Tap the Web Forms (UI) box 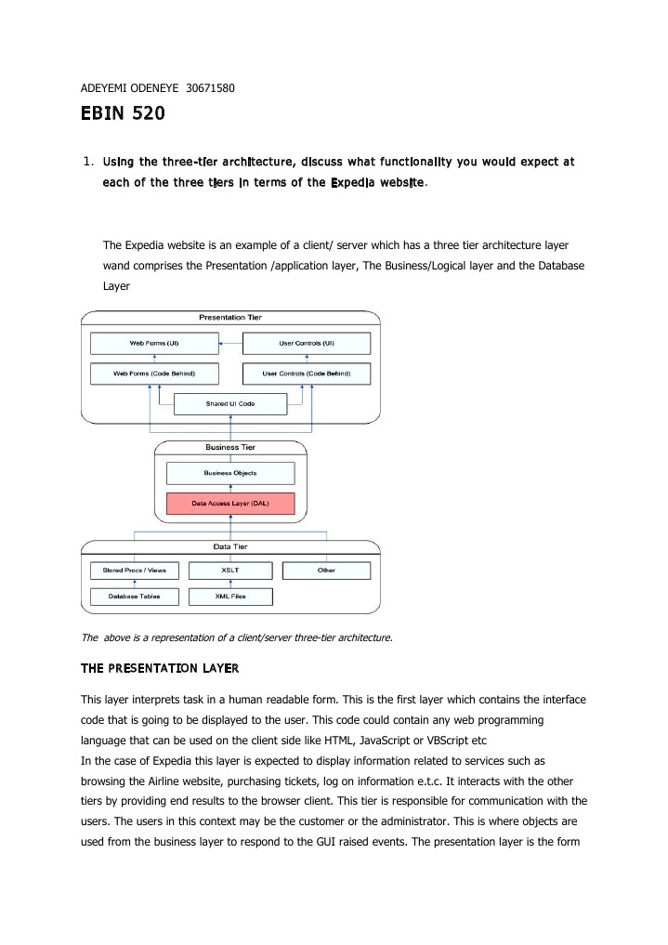click(x=154, y=344)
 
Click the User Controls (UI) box click(x=307, y=344)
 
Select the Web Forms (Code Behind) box click(x=154, y=374)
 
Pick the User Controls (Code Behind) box click(x=307, y=374)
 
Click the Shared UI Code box click(x=230, y=403)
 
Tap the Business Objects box click(x=230, y=473)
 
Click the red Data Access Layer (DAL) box click(x=230, y=504)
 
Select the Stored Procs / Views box click(x=134, y=571)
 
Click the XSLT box click(x=230, y=571)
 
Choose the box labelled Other click(x=326, y=571)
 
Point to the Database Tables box click(x=134, y=597)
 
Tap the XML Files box click(x=230, y=597)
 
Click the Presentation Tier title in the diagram click(x=230, y=318)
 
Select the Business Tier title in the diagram click(x=230, y=447)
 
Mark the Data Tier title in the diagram click(x=230, y=546)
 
